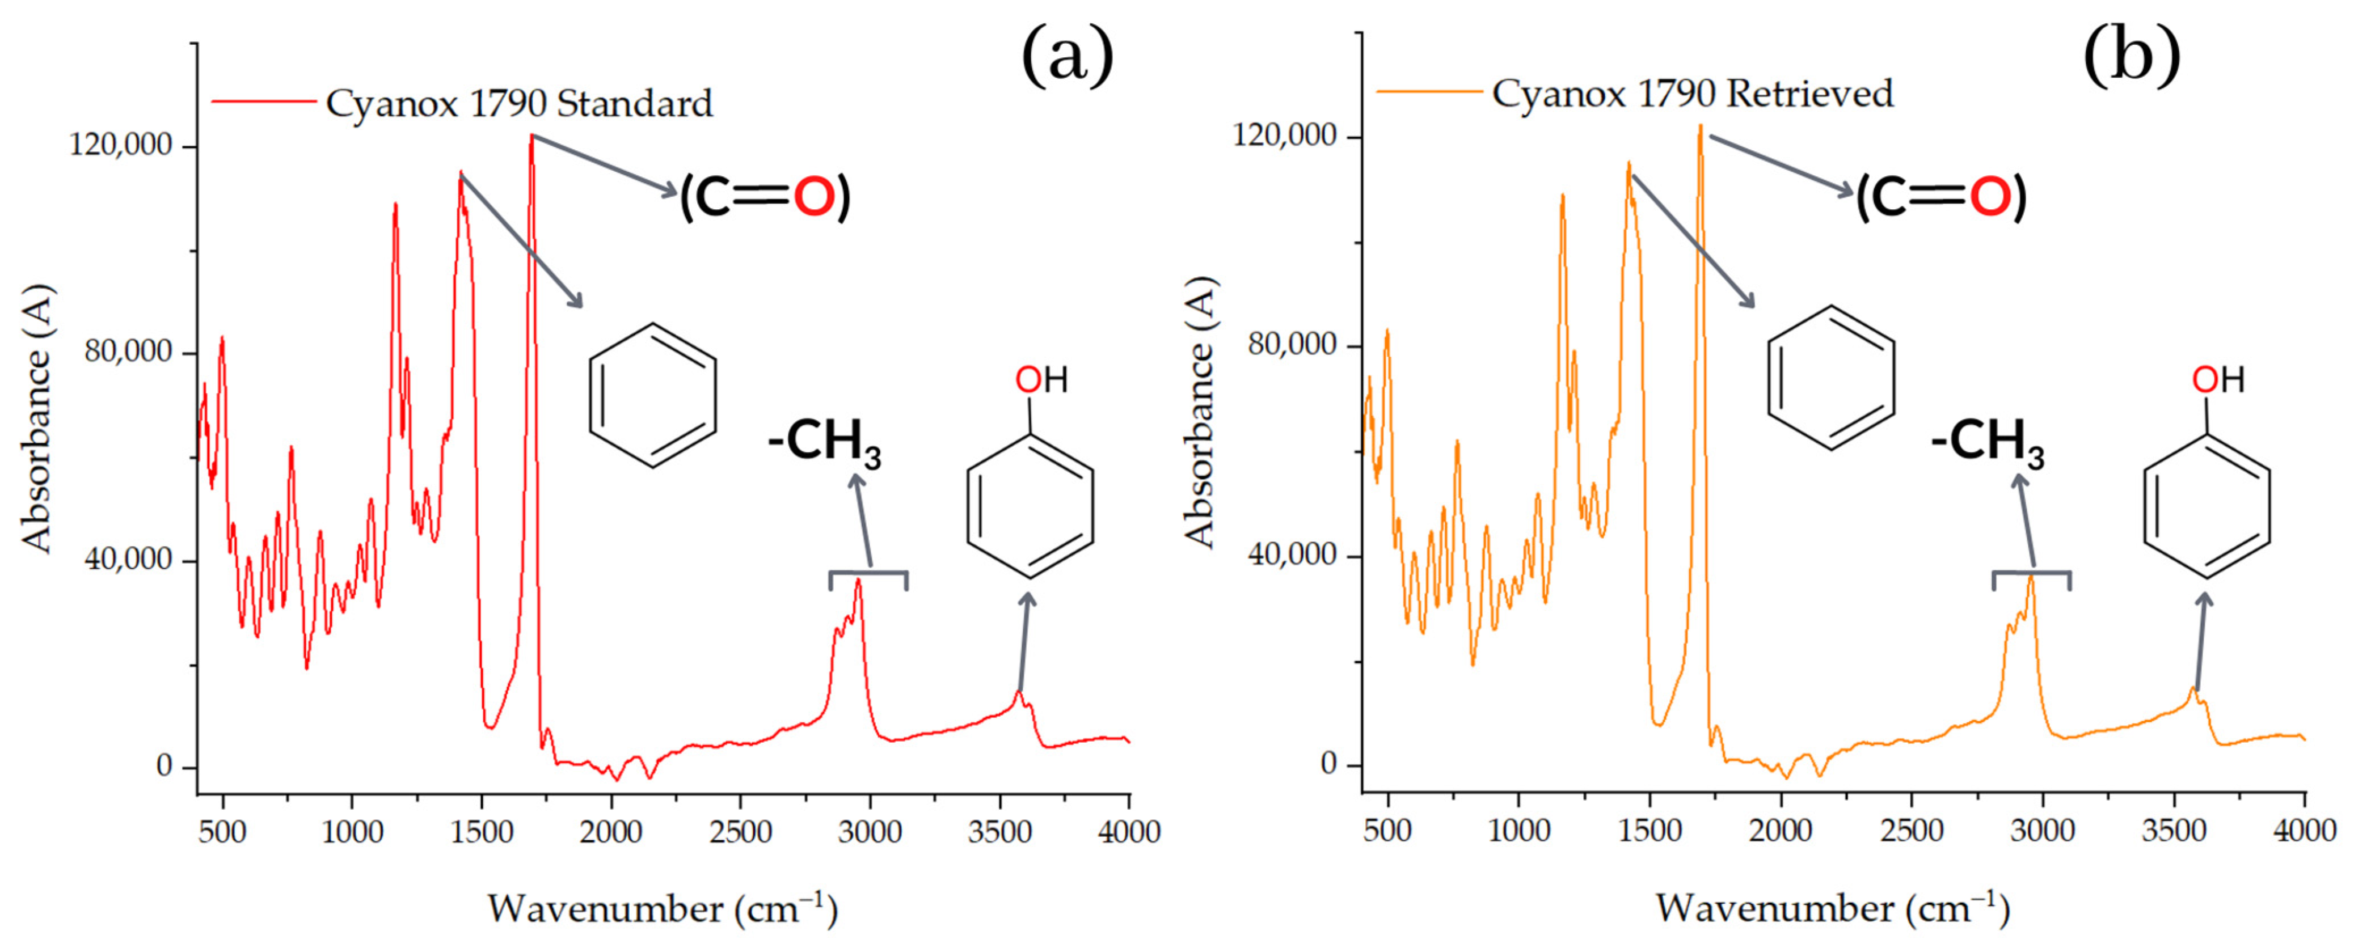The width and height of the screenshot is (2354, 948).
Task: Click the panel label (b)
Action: coord(2131,57)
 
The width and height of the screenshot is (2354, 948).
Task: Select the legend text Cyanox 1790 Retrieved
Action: coord(1693,94)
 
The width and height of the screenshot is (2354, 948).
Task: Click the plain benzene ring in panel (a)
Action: coord(652,395)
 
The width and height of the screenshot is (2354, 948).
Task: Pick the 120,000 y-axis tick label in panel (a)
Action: coord(121,145)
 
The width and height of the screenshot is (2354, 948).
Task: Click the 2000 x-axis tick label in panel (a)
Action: coord(611,832)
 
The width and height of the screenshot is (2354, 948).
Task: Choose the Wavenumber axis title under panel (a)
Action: coord(663,909)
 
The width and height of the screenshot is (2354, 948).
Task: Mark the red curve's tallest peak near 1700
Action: coord(531,138)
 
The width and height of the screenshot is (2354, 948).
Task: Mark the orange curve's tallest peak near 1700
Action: coord(1700,128)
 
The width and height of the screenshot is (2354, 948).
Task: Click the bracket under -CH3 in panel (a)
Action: coord(868,574)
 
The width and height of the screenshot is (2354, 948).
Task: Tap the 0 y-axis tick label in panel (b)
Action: coord(1328,764)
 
